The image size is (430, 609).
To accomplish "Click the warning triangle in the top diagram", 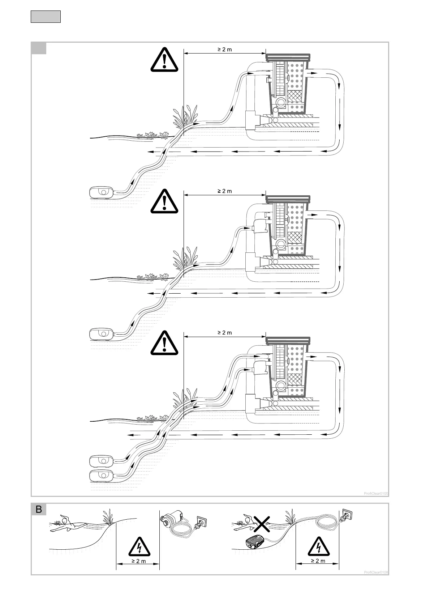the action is [x=164, y=60].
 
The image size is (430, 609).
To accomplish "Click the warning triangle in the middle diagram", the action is [x=164, y=201].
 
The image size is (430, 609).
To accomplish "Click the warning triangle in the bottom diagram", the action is [x=164, y=343].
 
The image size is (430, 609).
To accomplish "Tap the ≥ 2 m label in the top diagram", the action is [x=225, y=49].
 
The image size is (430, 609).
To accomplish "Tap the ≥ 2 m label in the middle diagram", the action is [x=225, y=191].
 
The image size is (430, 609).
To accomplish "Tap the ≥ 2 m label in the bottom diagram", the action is [x=225, y=332].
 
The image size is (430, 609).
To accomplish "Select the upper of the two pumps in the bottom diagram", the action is [x=102, y=461].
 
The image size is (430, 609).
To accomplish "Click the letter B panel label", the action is [x=39, y=510].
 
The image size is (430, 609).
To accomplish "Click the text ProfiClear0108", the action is [x=376, y=572].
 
